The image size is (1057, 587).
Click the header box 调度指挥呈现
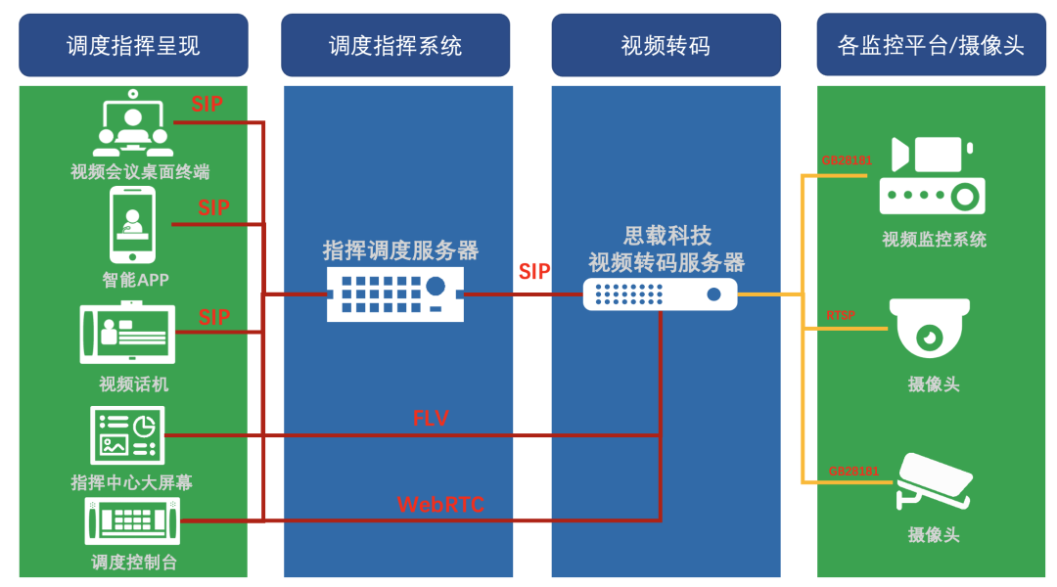[x=133, y=45]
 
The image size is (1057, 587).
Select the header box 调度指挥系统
[x=395, y=45]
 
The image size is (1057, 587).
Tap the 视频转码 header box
[x=666, y=45]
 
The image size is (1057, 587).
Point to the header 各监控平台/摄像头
[x=931, y=45]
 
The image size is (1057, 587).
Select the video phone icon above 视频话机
[x=127, y=335]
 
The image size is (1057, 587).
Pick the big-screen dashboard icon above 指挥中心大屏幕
[x=125, y=435]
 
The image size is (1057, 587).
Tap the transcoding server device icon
[x=660, y=293]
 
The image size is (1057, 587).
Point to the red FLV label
[x=431, y=419]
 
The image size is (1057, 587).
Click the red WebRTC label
[x=440, y=505]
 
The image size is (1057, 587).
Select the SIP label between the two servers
[x=534, y=272]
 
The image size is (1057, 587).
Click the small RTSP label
[x=841, y=315]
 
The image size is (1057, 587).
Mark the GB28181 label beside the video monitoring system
[x=847, y=160]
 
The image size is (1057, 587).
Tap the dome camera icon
[x=930, y=327]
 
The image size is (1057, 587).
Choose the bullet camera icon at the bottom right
[x=935, y=481]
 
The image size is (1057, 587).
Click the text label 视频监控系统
[x=934, y=239]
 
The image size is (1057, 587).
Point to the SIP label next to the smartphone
[x=213, y=207]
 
